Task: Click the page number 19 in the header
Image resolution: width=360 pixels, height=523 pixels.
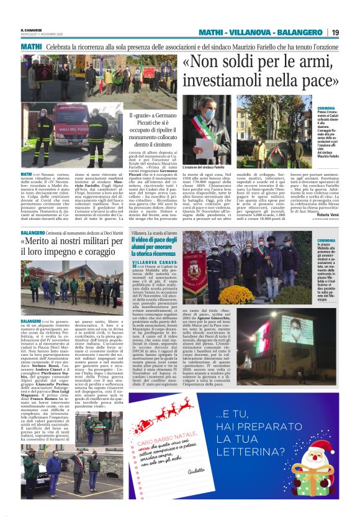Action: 335,32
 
